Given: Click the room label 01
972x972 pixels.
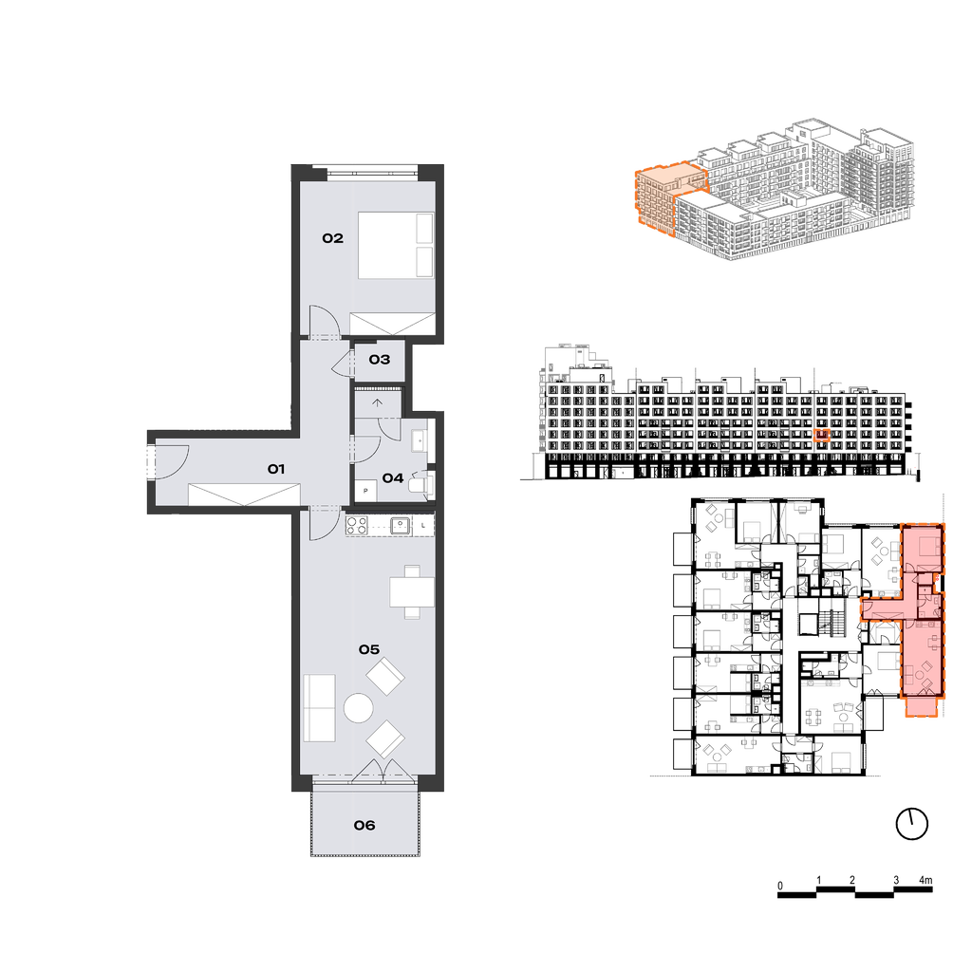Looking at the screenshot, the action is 276,469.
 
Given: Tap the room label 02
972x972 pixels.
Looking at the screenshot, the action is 332,238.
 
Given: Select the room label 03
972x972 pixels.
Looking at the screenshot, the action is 380,360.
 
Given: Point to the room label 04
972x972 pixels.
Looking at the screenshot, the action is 393,478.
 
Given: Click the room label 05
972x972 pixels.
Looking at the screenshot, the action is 369,649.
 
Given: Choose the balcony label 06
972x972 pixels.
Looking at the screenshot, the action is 364,825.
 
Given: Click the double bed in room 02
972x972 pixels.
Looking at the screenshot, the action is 396,245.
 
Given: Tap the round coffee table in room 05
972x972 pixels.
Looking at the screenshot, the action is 358,708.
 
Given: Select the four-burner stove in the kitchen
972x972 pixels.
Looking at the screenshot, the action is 357,526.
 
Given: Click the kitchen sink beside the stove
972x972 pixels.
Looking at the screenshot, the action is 400,526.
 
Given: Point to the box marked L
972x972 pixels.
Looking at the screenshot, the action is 422,526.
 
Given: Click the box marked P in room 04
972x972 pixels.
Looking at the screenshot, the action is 365,491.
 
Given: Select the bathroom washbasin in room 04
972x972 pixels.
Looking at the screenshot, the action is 420,440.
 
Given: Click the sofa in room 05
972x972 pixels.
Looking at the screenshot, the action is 319,708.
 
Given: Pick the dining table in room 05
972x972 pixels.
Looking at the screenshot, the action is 412,592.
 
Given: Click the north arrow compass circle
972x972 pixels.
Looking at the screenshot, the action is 912,825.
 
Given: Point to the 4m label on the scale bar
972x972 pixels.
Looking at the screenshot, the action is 925,880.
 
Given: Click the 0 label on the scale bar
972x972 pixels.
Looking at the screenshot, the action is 780,886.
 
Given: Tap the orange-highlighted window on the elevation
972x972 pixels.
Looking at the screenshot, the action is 821,436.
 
